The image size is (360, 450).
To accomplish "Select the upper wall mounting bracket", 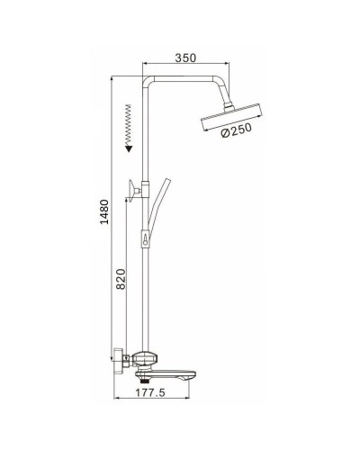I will click(135, 190).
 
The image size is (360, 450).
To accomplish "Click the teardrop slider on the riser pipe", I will click(145, 241).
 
